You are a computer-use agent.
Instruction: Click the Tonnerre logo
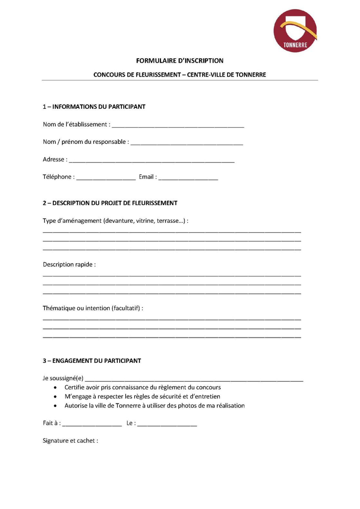coord(295,31)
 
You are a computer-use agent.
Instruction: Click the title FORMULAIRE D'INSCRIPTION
coord(180,61)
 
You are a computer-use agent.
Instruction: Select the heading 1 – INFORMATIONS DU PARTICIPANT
coord(94,107)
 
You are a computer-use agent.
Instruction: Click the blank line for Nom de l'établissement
coord(178,126)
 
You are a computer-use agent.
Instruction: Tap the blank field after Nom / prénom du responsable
coord(187,143)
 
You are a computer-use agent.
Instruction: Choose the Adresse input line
coord(152,160)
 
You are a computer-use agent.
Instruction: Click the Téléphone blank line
coord(106,178)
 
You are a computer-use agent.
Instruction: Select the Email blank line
coord(188,178)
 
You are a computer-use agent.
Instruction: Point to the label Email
coord(146,177)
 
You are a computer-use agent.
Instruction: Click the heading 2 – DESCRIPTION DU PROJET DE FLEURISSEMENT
coord(110,203)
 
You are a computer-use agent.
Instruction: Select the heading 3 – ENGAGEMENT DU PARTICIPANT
coord(92,361)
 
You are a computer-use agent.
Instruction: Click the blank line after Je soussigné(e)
coord(194,379)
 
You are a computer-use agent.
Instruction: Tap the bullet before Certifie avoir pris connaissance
coord(56,388)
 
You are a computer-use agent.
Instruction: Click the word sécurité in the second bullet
coord(170,396)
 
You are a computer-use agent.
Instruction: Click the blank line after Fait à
coord(92,424)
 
